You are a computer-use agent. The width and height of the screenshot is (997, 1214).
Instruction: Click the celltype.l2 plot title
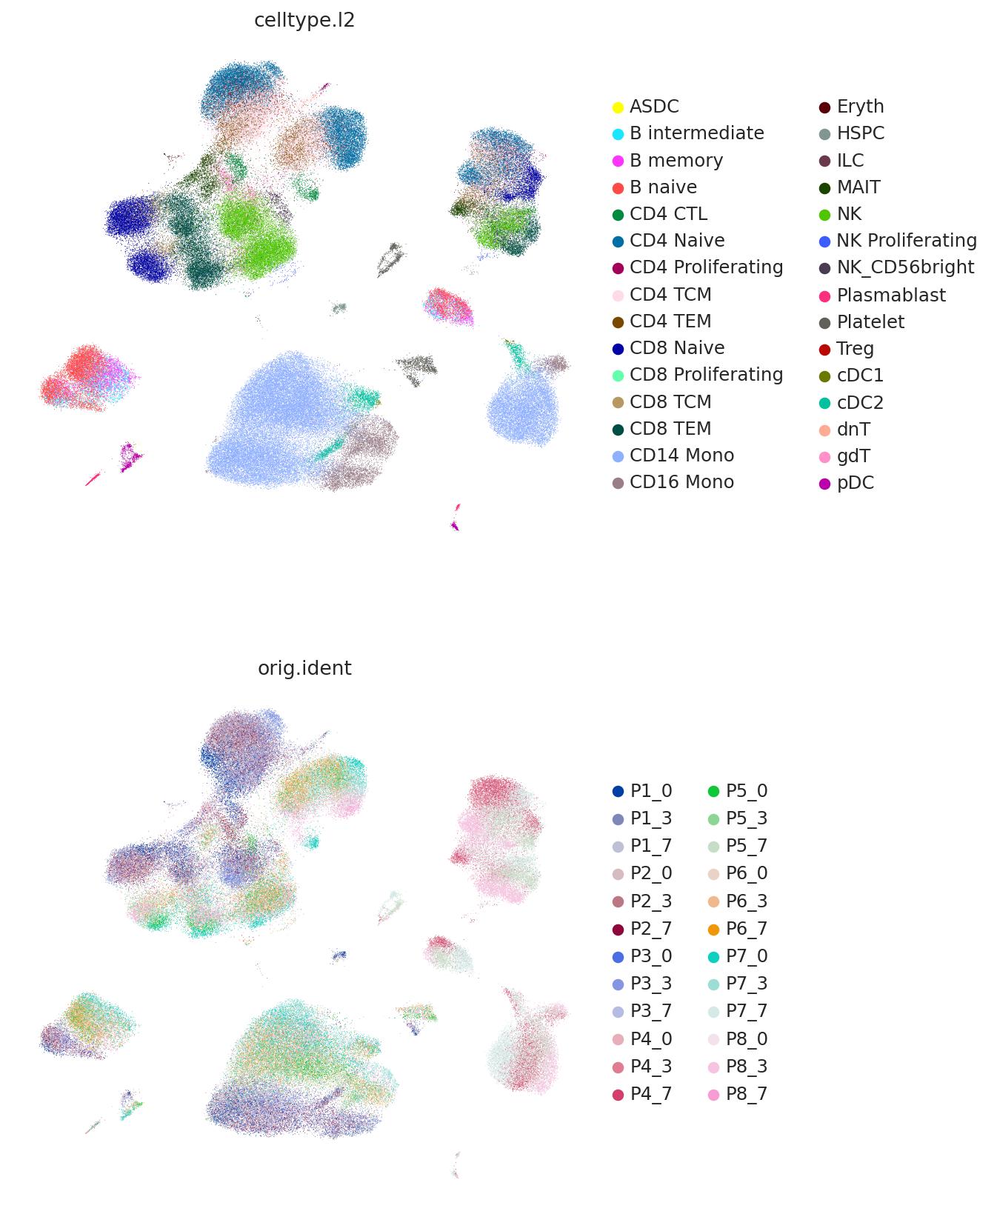coord(304,20)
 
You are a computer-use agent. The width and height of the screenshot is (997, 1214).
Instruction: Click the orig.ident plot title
coord(304,668)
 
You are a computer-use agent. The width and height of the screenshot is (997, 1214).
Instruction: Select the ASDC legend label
coord(654,107)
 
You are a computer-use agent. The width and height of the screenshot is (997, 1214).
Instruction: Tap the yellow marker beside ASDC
coord(618,107)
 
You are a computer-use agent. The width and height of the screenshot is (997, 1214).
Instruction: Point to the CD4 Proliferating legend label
coord(706,267)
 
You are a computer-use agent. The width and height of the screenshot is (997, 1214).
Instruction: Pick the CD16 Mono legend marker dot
coord(618,483)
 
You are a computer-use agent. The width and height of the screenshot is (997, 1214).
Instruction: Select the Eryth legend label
coord(860,107)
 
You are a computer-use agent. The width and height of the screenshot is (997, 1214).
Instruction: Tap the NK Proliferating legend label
coord(907,241)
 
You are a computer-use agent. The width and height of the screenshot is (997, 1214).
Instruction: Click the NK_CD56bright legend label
coord(905,267)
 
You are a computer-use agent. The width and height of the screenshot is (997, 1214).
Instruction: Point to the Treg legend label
coord(855,349)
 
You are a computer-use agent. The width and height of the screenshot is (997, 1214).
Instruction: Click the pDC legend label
coord(855,483)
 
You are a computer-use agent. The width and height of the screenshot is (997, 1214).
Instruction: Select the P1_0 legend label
coord(651,791)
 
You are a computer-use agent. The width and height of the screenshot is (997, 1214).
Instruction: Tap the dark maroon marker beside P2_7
coord(618,929)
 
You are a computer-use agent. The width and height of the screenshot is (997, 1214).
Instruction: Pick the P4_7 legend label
coord(651,1094)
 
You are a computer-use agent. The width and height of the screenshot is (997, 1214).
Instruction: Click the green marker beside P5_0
coord(714,791)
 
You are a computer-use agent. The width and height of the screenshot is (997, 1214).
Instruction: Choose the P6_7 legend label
coord(747,929)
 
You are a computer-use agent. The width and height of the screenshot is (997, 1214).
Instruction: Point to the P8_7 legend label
coord(747,1094)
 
